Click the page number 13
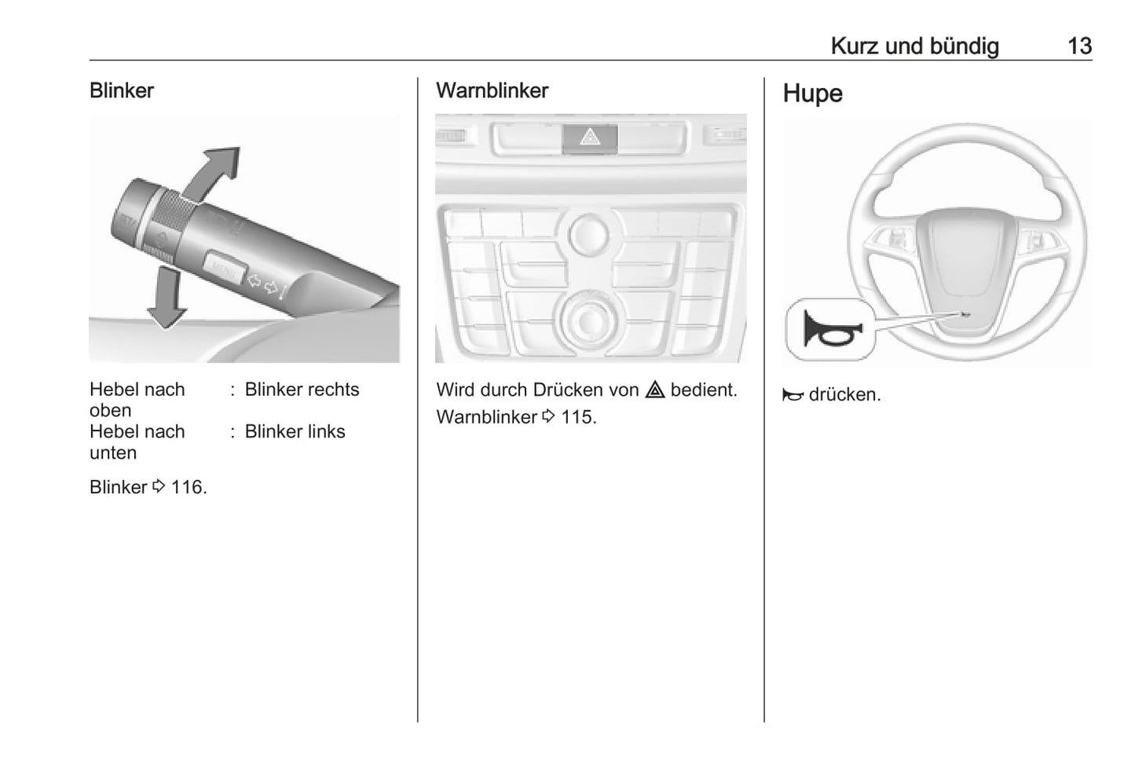coord(1079,46)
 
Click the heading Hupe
coord(812,93)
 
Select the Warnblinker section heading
coord(492,90)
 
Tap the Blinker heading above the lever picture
coord(122,90)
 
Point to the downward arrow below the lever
coord(167,297)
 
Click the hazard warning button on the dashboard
coord(590,138)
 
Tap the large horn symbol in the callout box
coord(831,329)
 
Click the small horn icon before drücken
coord(793,395)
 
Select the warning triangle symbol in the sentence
coord(655,390)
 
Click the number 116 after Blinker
coord(187,487)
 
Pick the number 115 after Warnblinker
coord(577,417)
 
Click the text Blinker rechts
coord(302,390)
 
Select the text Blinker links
coord(295,432)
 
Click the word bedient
coord(703,390)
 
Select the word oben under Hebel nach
coord(110,411)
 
